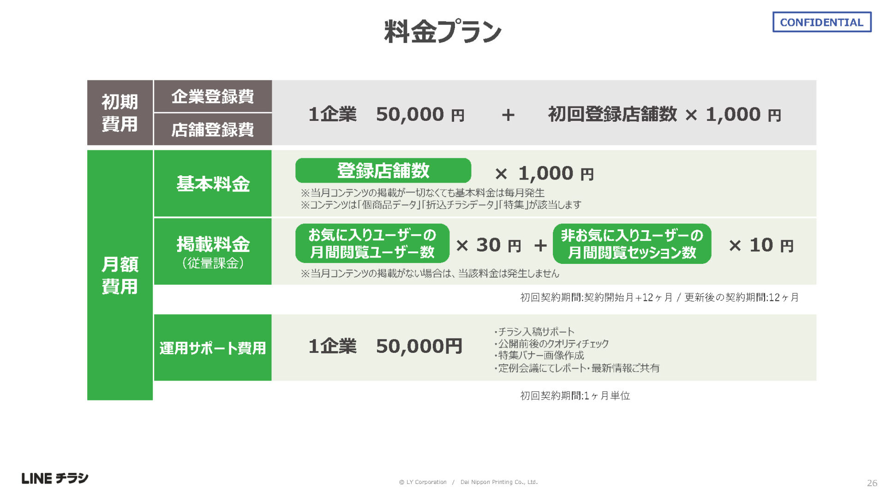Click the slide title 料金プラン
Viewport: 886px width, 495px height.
click(x=443, y=32)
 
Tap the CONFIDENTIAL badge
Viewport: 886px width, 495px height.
click(x=822, y=22)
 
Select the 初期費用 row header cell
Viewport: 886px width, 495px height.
click(x=120, y=113)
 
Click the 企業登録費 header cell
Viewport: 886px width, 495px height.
click(x=213, y=96)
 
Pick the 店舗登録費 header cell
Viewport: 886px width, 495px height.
click(x=213, y=130)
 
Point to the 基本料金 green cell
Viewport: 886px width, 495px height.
click(x=213, y=183)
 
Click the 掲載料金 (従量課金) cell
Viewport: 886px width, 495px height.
click(x=213, y=251)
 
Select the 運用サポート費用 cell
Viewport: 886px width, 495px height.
click(x=213, y=347)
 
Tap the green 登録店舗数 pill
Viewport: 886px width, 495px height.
click(x=383, y=171)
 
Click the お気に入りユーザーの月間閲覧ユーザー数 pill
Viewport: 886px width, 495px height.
click(x=372, y=244)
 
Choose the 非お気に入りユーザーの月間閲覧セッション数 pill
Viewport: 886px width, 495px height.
click(x=632, y=244)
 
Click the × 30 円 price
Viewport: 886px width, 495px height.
click(x=488, y=245)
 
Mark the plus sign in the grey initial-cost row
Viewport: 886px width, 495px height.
click(x=508, y=115)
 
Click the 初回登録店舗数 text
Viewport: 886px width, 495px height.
click(x=612, y=114)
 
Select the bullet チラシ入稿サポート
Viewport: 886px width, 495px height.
click(x=534, y=332)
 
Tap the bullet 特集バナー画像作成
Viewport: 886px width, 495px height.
click(x=539, y=355)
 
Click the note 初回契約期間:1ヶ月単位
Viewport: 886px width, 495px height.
click(x=575, y=395)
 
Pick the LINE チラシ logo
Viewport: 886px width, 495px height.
click(x=55, y=478)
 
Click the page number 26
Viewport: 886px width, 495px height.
click(x=872, y=483)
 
